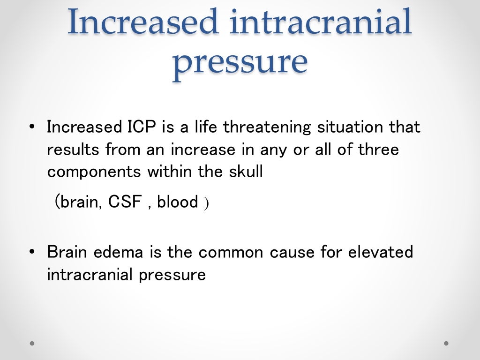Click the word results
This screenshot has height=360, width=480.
coord(74,150)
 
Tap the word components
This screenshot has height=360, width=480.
coord(94,172)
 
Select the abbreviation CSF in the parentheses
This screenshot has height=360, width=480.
coord(125,202)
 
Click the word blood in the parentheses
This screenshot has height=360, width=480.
coord(178,202)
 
